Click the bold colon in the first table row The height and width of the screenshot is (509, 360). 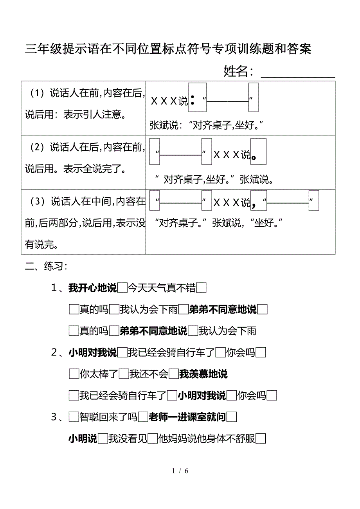click(x=193, y=101)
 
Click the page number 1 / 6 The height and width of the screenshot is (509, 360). click(x=180, y=471)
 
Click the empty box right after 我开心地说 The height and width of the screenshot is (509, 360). click(x=122, y=289)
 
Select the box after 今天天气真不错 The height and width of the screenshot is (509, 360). click(x=202, y=289)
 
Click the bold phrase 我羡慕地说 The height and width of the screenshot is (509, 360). click(x=203, y=374)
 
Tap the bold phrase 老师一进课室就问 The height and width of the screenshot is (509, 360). click(x=187, y=417)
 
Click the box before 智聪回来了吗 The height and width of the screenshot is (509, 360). click(x=74, y=417)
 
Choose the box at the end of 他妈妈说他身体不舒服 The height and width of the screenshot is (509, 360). click(x=261, y=439)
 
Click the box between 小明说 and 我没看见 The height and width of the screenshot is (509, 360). click(x=103, y=439)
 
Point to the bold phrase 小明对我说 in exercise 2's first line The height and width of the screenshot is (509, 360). click(x=92, y=353)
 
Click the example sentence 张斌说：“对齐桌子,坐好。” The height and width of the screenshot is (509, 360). click(x=206, y=125)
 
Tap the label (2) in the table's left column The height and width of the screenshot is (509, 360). click(x=38, y=148)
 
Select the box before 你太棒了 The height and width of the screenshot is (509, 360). click(x=74, y=374)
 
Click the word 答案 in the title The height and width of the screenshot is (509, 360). click(x=299, y=49)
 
